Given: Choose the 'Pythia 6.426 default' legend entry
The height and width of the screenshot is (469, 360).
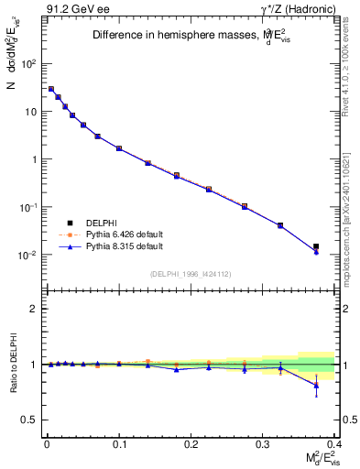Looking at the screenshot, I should (x=119, y=234).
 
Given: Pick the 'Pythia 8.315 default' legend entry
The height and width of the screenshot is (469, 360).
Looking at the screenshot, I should (x=119, y=246).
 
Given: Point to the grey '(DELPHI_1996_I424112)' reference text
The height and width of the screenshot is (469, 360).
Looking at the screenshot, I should (x=190, y=274).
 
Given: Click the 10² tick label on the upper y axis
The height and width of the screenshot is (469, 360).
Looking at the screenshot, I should (x=29, y=64).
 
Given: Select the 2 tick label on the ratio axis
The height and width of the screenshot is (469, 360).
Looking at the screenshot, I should (x=34, y=309).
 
